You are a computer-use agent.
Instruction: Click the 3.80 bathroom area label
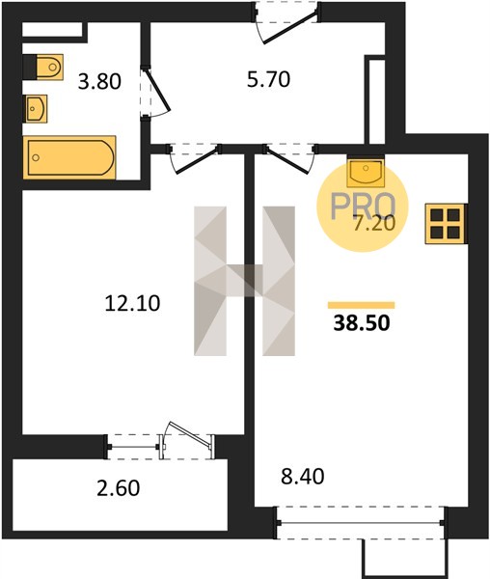coord(99,82)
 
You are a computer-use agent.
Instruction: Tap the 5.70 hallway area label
coord(268,79)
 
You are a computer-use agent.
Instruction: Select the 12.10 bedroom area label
coord(132,303)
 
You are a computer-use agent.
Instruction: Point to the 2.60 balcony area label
coord(119,487)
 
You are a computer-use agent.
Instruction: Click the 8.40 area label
coord(303,476)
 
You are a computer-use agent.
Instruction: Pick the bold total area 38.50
coord(362,322)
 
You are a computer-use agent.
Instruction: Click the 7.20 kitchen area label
coord(374,224)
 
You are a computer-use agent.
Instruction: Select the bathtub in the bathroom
coord(69,157)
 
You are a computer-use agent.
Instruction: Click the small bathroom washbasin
coord(36,108)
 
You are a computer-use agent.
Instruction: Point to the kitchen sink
coord(366,172)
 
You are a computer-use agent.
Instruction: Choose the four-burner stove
coord(446,224)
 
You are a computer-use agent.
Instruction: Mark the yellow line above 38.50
coord(361,305)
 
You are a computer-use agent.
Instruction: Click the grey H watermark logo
coord(245,281)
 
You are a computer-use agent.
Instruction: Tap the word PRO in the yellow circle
coord(363,207)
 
